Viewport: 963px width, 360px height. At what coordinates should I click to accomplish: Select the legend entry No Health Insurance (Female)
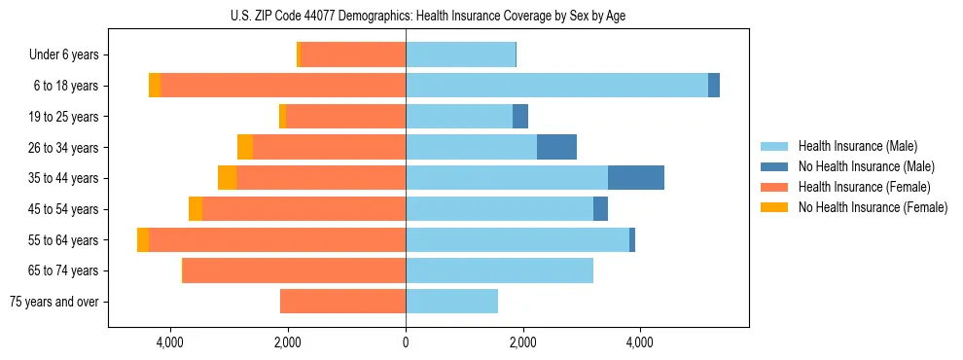point(873,207)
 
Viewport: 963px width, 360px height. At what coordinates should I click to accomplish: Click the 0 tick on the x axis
point(406,342)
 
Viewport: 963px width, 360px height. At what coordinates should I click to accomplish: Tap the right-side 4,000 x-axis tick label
point(639,342)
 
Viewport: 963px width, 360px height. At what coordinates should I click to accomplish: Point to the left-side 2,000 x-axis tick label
point(287,342)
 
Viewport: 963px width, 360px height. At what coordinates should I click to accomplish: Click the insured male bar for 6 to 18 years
point(556,86)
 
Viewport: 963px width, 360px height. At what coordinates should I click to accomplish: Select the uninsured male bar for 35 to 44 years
point(636,178)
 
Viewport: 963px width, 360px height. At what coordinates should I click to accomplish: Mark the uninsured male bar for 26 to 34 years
point(556,147)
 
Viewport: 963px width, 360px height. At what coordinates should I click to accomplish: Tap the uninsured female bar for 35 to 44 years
point(227,178)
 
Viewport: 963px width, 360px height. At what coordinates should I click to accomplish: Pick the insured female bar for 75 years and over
point(342,302)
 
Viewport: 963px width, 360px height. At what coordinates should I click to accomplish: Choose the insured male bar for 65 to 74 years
point(499,270)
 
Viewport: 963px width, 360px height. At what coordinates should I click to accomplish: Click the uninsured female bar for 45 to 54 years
point(196,209)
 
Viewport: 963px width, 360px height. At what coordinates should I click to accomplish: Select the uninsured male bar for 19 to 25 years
point(520,117)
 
